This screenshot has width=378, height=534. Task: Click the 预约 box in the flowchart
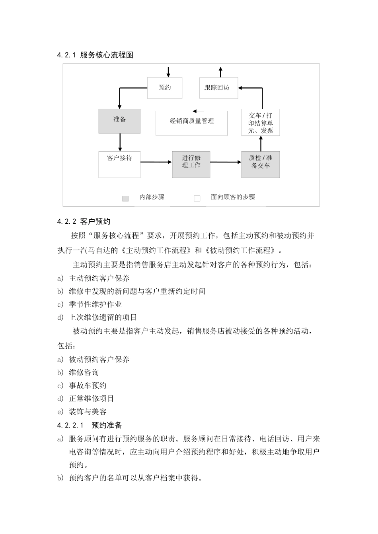(x=165, y=88)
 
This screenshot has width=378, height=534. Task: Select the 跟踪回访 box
(x=218, y=88)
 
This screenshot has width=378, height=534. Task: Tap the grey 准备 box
(x=119, y=121)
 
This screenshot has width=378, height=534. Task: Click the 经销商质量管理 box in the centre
(x=191, y=123)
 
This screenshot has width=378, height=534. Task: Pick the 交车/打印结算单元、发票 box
(x=261, y=122)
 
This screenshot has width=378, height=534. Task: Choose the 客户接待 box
(x=119, y=164)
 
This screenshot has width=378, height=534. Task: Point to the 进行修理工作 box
(x=191, y=164)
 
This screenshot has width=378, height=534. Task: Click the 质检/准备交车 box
(x=261, y=164)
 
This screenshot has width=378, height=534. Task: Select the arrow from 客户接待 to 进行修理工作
(x=156, y=162)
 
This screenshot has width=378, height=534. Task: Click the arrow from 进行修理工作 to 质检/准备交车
(x=226, y=162)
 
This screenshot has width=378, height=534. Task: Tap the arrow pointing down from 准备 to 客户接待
(x=120, y=142)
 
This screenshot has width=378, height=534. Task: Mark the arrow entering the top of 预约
(x=168, y=72)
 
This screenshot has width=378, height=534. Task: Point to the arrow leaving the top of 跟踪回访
(x=220, y=72)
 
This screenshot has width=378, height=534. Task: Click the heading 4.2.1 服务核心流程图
(x=95, y=55)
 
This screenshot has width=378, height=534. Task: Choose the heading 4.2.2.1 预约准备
(x=90, y=426)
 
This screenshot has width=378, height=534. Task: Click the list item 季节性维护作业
(x=95, y=304)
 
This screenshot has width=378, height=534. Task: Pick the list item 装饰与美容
(x=88, y=412)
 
